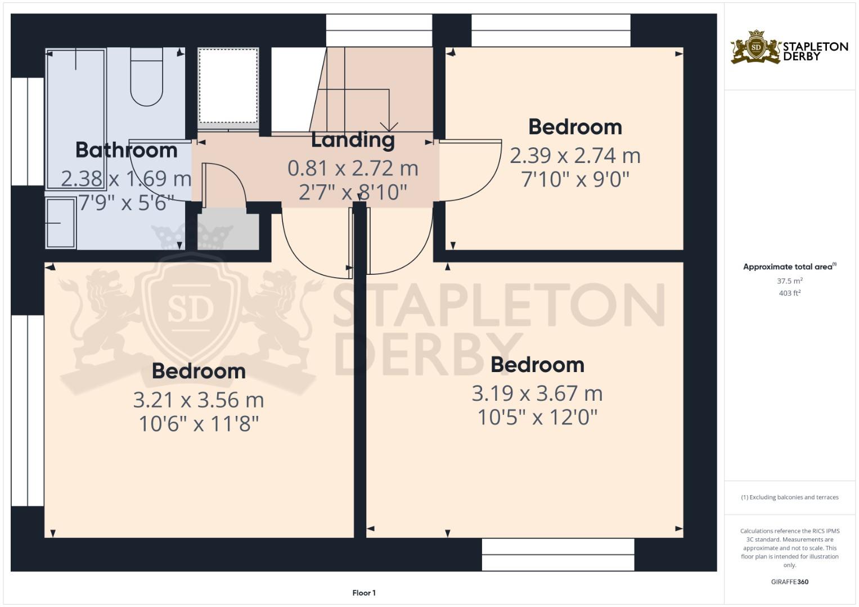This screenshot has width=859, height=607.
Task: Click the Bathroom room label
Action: click(126, 150)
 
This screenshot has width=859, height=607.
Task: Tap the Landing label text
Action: click(353, 140)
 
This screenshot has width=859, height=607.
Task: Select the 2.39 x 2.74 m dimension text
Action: click(575, 156)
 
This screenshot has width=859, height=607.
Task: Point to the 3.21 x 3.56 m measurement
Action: click(198, 400)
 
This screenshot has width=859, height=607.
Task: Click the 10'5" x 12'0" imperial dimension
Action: click(537, 418)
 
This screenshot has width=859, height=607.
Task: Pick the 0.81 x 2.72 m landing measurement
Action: click(353, 168)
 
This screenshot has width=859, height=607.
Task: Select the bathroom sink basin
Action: click(61, 223)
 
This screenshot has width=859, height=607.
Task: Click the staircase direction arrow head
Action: click(389, 126)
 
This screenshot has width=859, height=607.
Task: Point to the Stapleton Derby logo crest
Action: click(755, 47)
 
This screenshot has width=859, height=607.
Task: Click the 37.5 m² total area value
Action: click(790, 281)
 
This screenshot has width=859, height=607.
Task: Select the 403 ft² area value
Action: click(790, 293)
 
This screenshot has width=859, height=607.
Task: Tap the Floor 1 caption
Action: click(364, 593)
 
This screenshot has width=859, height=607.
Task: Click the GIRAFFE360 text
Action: click(790, 582)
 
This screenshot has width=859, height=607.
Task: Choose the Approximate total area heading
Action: click(788, 267)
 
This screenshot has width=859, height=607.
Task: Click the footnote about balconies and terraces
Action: click(790, 497)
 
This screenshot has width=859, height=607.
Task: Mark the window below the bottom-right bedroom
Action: click(558, 555)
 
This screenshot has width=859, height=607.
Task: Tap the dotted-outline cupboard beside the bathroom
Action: click(228, 85)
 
